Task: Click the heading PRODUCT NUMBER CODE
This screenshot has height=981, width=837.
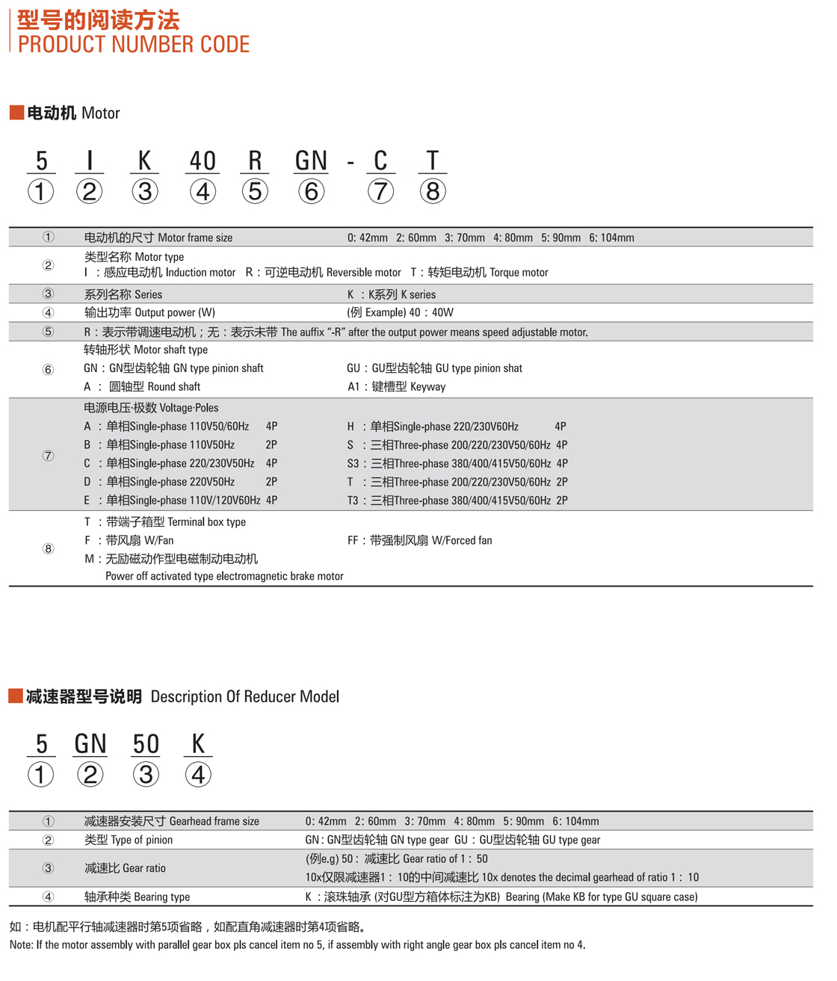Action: click(x=134, y=44)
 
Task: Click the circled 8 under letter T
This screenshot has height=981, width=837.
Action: click(x=433, y=191)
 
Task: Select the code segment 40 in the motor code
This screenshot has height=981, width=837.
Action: click(x=203, y=161)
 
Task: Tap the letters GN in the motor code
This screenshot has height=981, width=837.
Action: click(x=311, y=161)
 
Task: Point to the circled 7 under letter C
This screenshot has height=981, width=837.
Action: click(x=380, y=191)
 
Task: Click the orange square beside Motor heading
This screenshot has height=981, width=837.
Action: click(x=16, y=113)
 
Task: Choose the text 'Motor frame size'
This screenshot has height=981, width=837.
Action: click(x=195, y=238)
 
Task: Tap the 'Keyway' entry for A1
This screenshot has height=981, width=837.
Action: click(x=427, y=387)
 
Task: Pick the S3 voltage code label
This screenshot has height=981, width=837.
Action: click(x=353, y=463)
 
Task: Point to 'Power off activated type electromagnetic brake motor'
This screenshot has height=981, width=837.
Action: click(x=224, y=576)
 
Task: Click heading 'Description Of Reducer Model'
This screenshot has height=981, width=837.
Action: click(x=245, y=696)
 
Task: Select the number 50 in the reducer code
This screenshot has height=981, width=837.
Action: click(x=146, y=743)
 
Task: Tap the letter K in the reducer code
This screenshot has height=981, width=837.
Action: click(x=198, y=743)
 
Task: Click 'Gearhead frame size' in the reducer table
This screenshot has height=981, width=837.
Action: click(x=214, y=821)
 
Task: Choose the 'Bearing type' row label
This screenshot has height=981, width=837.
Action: click(x=162, y=897)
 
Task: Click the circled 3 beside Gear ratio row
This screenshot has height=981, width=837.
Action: click(x=49, y=868)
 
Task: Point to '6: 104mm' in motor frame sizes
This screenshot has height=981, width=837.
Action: click(x=611, y=238)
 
